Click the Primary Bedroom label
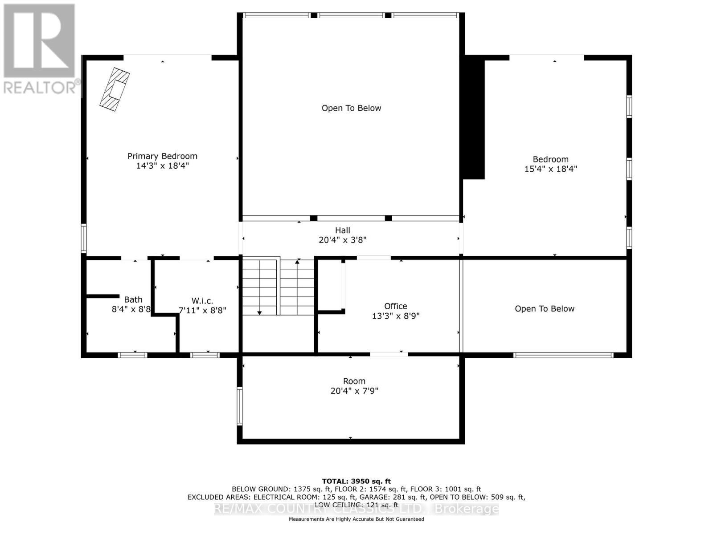tap(162, 156)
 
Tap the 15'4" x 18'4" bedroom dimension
tap(550, 169)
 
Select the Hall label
tap(342, 230)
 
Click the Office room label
tap(395, 306)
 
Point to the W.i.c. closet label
tap(202, 301)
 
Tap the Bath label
tap(133, 299)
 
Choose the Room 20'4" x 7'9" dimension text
tap(354, 391)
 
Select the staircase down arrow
tap(259, 313)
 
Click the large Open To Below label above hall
tap(351, 108)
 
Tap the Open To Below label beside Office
tap(544, 309)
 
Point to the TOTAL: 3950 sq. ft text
tap(356, 481)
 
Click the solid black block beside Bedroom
tap(474, 118)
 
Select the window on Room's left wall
tap(239, 405)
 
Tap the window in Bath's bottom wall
tap(132, 355)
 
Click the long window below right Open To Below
tap(563, 355)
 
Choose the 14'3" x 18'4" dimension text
tap(162, 166)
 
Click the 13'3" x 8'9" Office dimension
tap(395, 316)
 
